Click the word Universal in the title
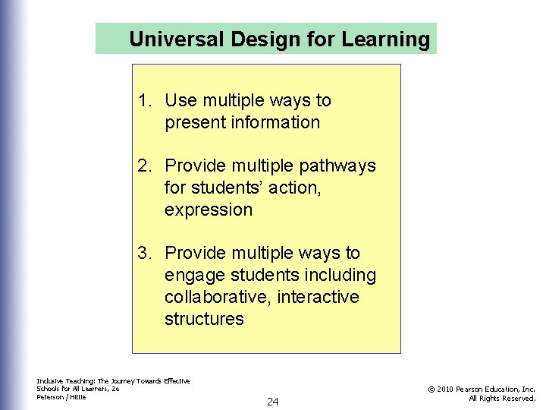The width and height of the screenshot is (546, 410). click(170, 39)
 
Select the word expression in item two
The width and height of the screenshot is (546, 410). click(208, 210)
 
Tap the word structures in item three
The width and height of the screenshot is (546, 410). click(204, 319)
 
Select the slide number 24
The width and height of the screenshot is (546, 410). click(273, 402)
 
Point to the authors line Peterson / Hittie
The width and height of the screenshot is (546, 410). click(61, 397)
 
